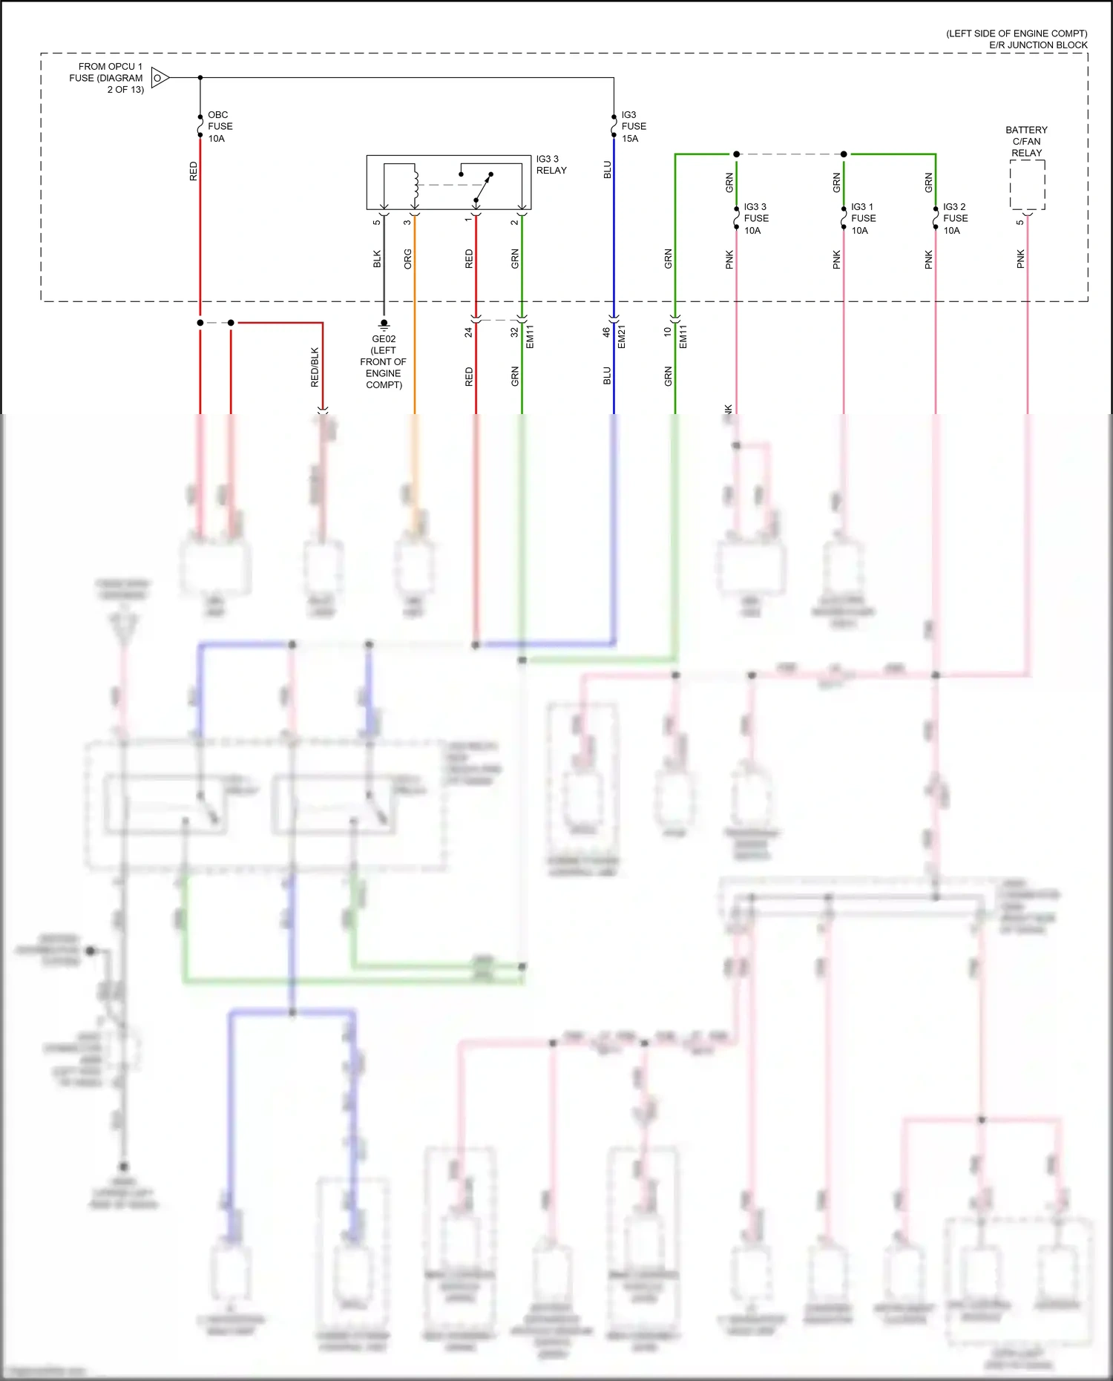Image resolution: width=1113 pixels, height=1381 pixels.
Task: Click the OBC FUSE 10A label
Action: pyautogui.click(x=220, y=127)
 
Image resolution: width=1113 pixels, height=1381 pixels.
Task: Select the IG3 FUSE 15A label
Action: pyautogui.click(x=633, y=127)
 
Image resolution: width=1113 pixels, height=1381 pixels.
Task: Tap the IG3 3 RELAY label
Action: pyautogui.click(x=551, y=165)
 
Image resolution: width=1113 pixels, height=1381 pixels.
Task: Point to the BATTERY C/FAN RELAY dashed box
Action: pyautogui.click(x=1027, y=185)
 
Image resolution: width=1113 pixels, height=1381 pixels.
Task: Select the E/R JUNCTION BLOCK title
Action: pyautogui.click(x=1037, y=45)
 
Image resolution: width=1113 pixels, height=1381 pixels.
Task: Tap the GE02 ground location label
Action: pyautogui.click(x=384, y=361)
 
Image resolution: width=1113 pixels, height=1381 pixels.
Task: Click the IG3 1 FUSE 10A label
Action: pyautogui.click(x=863, y=219)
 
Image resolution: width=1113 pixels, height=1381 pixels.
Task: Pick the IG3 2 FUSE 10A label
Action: pyautogui.click(x=955, y=219)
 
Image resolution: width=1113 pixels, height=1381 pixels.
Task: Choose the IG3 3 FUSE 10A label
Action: pyautogui.click(x=755, y=219)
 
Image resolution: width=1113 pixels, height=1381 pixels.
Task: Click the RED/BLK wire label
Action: pyautogui.click(x=315, y=367)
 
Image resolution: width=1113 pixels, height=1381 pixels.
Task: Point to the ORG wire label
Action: pyautogui.click(x=407, y=259)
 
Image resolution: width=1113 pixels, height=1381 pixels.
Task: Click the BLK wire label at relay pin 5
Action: pyautogui.click(x=377, y=259)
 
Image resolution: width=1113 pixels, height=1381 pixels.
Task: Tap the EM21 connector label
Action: pyautogui.click(x=622, y=336)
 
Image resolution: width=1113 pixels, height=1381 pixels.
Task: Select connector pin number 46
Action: pyautogui.click(x=606, y=332)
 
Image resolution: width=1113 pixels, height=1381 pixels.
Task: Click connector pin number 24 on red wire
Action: pyautogui.click(x=468, y=332)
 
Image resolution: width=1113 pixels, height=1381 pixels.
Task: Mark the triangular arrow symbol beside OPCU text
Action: pyautogui.click(x=160, y=77)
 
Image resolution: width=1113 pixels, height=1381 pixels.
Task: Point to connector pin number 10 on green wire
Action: pyautogui.click(x=667, y=332)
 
